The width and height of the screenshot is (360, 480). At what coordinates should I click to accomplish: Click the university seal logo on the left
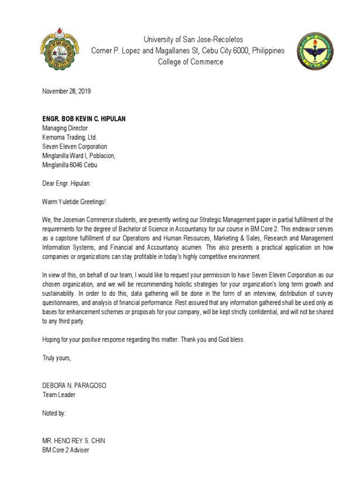[59, 50]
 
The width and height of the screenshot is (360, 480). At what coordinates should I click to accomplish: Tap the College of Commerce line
[190, 62]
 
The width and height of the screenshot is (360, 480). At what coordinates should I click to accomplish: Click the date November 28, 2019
[67, 91]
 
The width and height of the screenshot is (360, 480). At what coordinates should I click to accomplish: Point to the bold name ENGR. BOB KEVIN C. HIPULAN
[84, 119]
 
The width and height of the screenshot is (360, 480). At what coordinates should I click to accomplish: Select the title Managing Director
[65, 128]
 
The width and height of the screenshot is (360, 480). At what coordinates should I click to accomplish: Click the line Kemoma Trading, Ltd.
[69, 137]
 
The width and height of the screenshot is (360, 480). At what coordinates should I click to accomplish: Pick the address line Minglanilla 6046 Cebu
[70, 165]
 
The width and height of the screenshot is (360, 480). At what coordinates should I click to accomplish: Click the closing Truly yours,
[57, 358]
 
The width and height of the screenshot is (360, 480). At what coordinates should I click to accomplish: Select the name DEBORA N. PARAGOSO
[75, 385]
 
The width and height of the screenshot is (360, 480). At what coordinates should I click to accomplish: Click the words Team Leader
[59, 395]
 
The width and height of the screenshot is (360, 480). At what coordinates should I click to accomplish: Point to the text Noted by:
[54, 413]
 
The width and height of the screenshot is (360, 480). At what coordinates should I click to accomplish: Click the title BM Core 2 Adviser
[66, 450]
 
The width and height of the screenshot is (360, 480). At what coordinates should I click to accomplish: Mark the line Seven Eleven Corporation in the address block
[75, 147]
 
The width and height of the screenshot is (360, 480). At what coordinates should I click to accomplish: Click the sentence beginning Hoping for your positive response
[143, 339]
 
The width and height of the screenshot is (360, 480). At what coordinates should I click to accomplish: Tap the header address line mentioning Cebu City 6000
[187, 51]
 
